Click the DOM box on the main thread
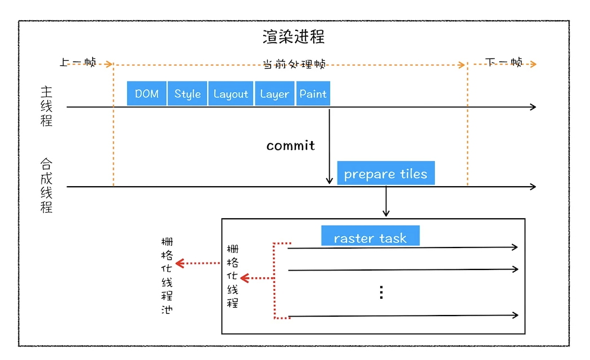pyautogui.click(x=147, y=93)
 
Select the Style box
pyautogui.click(x=187, y=93)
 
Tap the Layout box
pyautogui.click(x=231, y=93)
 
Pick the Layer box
pyautogui.click(x=274, y=93)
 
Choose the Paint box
pyautogui.click(x=313, y=93)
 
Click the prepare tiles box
pyautogui.click(x=386, y=173)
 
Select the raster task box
pyautogui.click(x=370, y=236)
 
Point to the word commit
pyautogui.click(x=290, y=146)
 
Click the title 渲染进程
pyautogui.click(x=294, y=37)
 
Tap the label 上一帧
pyautogui.click(x=78, y=62)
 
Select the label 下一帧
pyautogui.click(x=503, y=62)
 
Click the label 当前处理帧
pyautogui.click(x=294, y=64)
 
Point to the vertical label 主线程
pyautogui.click(x=46, y=106)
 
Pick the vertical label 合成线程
pyautogui.click(x=46, y=186)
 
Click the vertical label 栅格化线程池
pyautogui.click(x=166, y=276)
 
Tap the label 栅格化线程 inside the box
pyautogui.click(x=232, y=276)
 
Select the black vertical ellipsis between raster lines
pyautogui.click(x=381, y=292)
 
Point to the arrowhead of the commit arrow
pyautogui.click(x=329, y=181)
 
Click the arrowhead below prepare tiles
pyautogui.click(x=386, y=213)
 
